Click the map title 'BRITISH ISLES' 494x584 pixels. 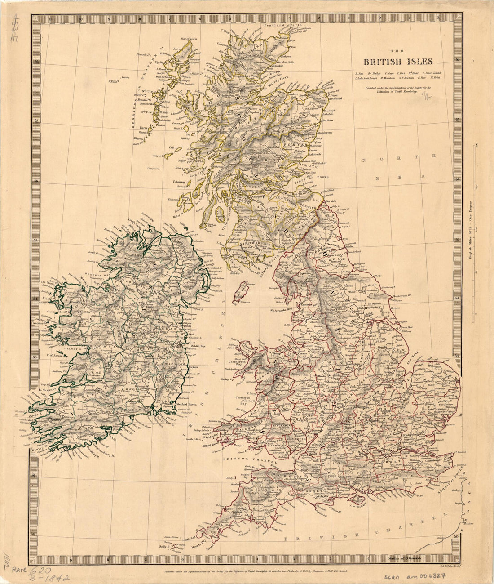[x=398, y=62]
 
